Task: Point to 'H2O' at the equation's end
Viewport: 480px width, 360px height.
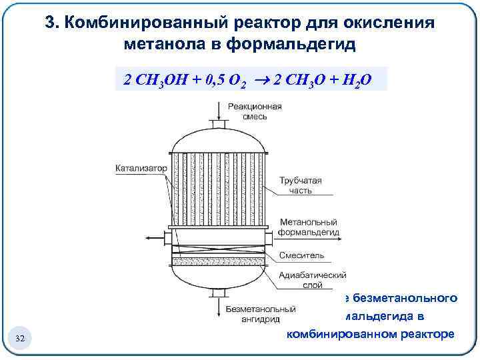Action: pos(354,81)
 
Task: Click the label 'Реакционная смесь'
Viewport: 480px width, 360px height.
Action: pos(254,111)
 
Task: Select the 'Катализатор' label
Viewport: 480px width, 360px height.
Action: pos(140,169)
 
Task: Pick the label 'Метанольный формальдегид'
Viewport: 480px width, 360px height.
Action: pos(308,227)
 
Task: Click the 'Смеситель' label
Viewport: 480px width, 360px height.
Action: pos(302,255)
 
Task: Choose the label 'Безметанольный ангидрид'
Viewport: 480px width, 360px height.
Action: pos(260,314)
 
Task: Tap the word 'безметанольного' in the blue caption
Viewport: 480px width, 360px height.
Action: pos(400,297)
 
